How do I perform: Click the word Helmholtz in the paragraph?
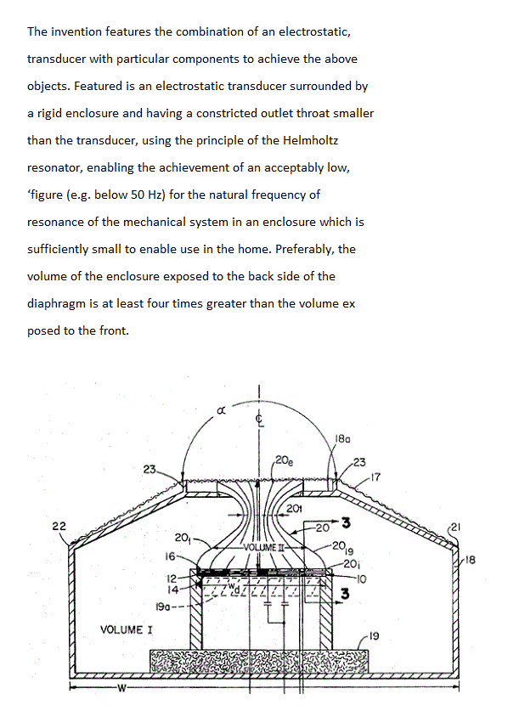[x=310, y=140]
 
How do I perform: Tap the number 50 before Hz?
[x=138, y=195]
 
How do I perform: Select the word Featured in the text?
[x=98, y=86]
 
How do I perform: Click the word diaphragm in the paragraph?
[x=56, y=303]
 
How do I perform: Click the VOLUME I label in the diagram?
[x=127, y=630]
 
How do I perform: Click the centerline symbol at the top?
[x=260, y=420]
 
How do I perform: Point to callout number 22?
[x=59, y=526]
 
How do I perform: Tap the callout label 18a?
[x=342, y=438]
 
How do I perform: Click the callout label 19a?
[x=163, y=607]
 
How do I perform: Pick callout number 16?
[x=170, y=556]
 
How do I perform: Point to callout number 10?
[x=361, y=579]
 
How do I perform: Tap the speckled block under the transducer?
[x=259, y=660]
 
